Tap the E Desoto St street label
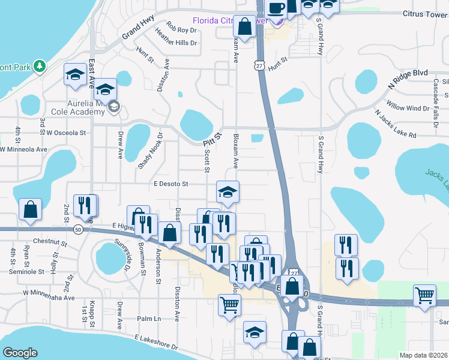tap(171, 184)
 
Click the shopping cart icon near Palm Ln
tap(230, 305)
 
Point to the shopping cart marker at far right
tap(424, 295)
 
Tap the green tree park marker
tap(40, 65)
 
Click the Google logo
tap(20, 353)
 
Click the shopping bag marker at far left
tap(30, 209)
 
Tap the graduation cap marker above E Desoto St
tap(228, 192)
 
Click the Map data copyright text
tap(423, 355)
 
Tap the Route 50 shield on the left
tap(78, 229)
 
